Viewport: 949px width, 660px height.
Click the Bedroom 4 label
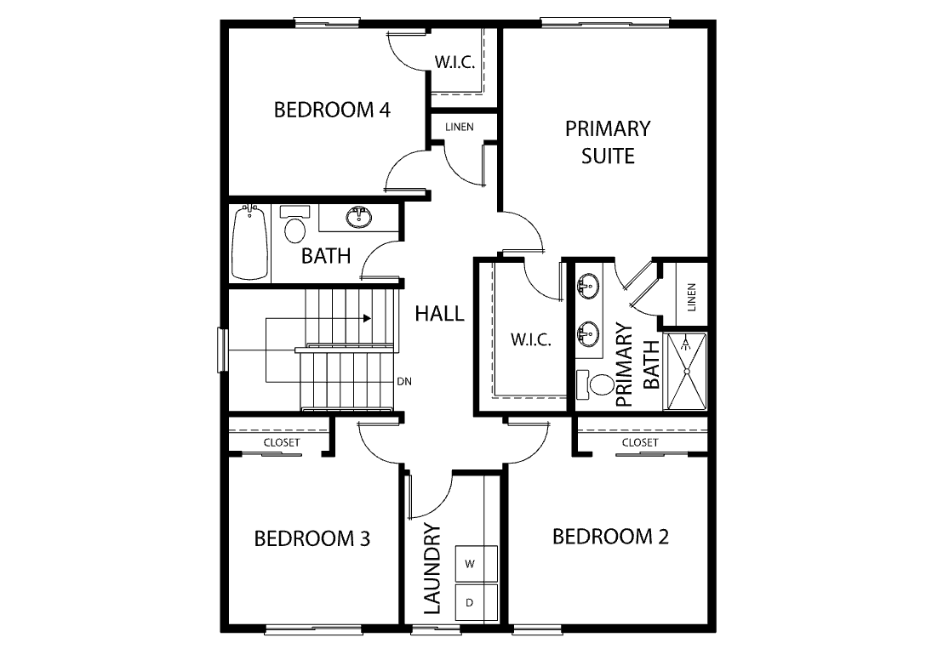332,110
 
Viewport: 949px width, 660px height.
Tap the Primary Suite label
608,142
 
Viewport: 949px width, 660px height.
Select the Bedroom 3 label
312,538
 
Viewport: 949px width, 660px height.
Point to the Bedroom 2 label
610,536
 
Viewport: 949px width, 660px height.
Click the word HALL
439,313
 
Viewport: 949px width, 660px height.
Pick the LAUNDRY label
432,569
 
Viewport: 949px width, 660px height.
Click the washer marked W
476,564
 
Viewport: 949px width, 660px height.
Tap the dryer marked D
476,602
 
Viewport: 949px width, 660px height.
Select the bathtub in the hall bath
250,242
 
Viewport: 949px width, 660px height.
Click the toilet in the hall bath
295,225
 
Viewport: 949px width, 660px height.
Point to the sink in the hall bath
359,217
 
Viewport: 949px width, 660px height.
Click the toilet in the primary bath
596,384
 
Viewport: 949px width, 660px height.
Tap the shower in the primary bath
686,371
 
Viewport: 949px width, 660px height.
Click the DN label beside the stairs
404,382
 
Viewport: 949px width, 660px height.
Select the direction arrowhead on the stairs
367,318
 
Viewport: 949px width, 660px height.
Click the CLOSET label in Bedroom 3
282,442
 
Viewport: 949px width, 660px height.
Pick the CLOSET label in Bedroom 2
640,442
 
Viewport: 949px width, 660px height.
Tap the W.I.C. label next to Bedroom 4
454,62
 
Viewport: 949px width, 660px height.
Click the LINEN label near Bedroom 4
460,127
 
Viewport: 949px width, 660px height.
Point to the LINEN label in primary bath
692,297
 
